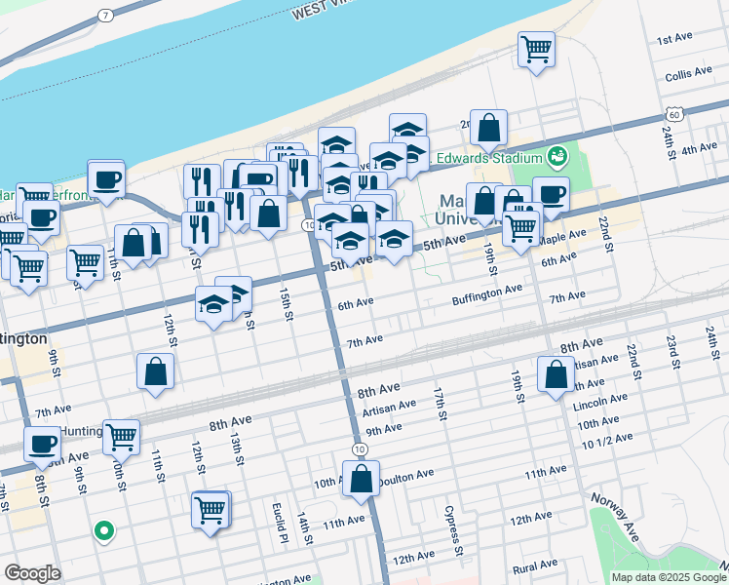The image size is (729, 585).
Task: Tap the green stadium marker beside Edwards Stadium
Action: [557, 155]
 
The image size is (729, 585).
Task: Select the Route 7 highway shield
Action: [104, 17]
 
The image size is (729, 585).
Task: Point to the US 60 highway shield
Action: [675, 113]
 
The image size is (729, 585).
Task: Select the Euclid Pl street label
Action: [279, 523]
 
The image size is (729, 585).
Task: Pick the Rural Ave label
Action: [534, 565]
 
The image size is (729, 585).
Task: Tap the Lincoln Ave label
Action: [600, 401]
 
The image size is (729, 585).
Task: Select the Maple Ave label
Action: [562, 237]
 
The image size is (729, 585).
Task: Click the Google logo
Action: [33, 573]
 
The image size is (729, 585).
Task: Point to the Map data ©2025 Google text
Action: [668, 577]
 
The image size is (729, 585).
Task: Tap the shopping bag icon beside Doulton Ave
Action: [361, 479]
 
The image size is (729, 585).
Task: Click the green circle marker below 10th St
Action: [104, 531]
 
